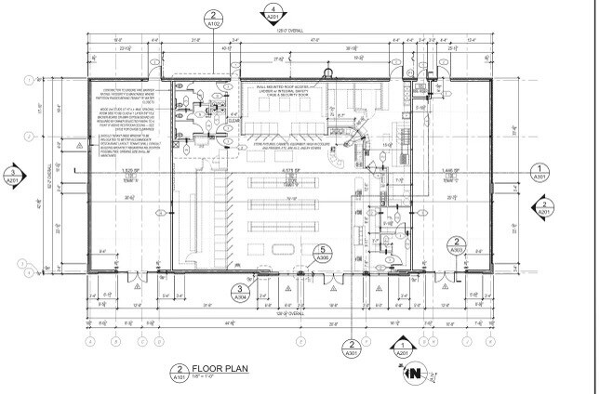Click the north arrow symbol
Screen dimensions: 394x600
click(411, 374)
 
